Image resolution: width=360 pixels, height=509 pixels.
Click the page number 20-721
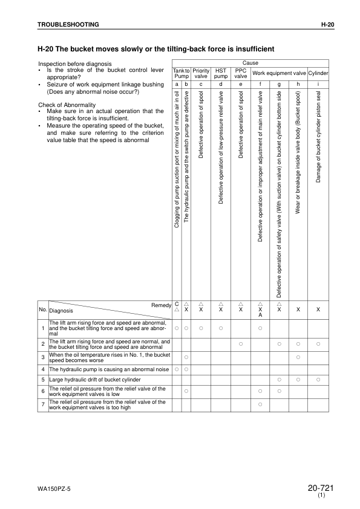pyautogui.click(x=321, y=488)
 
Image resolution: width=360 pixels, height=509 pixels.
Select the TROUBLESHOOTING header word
pyautogui.click(x=68, y=24)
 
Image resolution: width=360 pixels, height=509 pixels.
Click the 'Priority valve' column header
pyautogui.click(x=201, y=74)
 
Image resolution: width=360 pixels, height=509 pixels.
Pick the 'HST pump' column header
pyautogui.click(x=221, y=74)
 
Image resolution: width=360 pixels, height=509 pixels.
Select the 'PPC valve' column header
pyautogui.click(x=241, y=74)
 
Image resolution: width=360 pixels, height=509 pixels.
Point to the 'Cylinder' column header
pyautogui.click(x=318, y=74)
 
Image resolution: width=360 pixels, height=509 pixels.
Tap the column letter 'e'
pyautogui.click(x=241, y=84)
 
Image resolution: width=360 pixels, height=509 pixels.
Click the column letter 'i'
pyautogui.click(x=318, y=84)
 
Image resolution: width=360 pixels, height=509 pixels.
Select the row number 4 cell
pyautogui.click(x=43, y=369)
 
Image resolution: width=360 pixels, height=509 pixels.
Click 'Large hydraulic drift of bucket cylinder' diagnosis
pyautogui.click(x=95, y=380)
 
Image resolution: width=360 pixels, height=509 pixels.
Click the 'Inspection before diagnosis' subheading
pyautogui.click(x=75, y=63)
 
